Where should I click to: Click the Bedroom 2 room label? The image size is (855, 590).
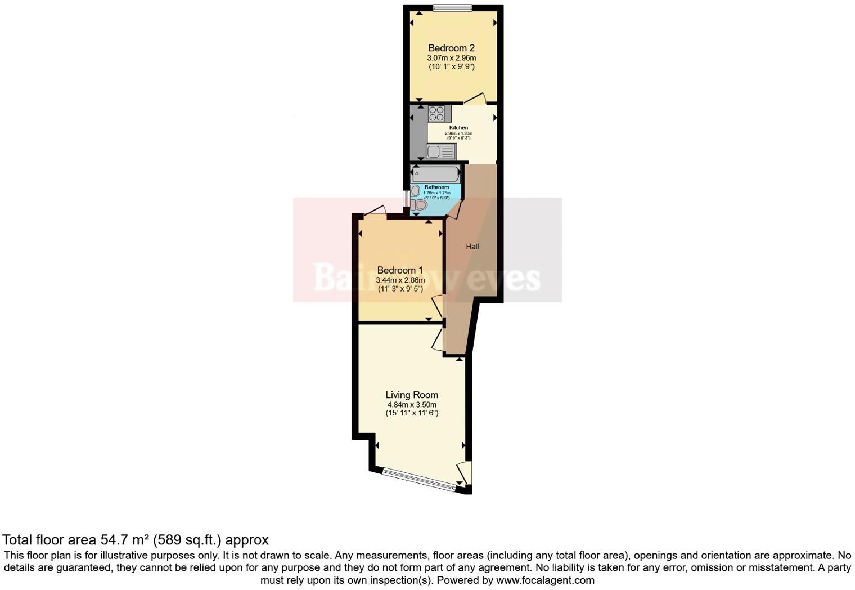(451, 48)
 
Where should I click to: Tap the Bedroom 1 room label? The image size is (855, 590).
(400, 270)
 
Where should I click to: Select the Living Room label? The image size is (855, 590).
(412, 395)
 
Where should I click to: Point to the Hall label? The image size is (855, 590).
(472, 247)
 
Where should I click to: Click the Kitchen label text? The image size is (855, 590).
(458, 128)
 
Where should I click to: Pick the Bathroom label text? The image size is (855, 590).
(436, 187)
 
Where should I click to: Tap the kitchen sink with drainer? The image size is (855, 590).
(441, 151)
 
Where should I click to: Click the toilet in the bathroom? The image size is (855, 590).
(419, 205)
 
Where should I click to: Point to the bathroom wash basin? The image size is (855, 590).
(415, 191)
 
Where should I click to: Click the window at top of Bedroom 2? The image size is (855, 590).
(452, 7)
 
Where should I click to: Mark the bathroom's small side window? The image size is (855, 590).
(406, 199)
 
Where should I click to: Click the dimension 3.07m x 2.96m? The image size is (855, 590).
(451, 58)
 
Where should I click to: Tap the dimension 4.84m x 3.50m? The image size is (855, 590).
(412, 405)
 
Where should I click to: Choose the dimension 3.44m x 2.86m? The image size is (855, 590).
(400, 280)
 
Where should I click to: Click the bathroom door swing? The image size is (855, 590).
(454, 209)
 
